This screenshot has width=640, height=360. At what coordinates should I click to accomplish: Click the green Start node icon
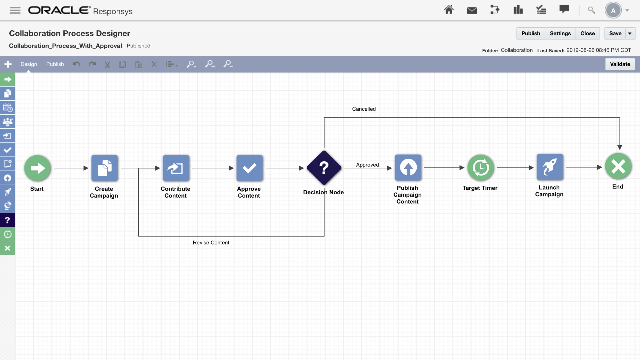37,168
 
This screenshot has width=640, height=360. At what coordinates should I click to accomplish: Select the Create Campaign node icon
105,168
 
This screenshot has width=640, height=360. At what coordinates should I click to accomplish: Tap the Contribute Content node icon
176,168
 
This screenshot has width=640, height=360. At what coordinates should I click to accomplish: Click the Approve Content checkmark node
249,168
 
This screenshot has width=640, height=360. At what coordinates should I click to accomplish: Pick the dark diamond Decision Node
324,168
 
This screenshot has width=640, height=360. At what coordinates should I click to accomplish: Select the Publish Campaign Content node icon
408,167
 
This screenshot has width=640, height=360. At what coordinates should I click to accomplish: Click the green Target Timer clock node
480,167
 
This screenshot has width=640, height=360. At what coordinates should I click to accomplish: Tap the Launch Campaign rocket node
550,167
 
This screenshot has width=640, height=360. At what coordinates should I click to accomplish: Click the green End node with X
618,166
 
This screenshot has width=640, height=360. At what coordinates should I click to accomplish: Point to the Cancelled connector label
364,109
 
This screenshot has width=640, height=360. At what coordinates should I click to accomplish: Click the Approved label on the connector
367,165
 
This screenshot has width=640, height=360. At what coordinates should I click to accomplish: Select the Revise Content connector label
211,243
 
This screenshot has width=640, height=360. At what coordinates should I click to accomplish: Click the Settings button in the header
560,33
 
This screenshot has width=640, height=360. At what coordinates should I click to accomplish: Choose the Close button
587,33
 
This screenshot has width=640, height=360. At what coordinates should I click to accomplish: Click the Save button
615,33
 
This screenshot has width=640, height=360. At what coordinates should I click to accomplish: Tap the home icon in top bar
449,10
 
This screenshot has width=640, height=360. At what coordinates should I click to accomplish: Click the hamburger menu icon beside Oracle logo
15,11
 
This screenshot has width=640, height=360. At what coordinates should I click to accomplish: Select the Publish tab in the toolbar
55,64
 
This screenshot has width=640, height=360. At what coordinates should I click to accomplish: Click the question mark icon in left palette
7,220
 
